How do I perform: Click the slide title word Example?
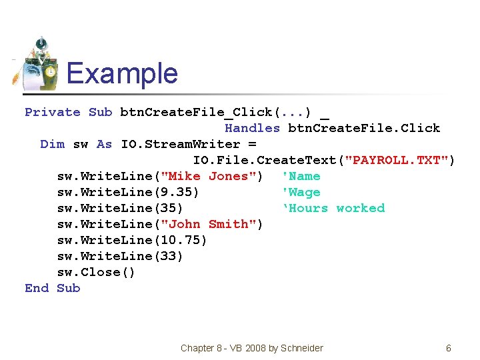click(x=122, y=73)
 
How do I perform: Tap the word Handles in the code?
click(x=252, y=128)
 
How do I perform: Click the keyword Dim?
click(x=52, y=144)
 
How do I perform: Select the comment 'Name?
click(x=301, y=176)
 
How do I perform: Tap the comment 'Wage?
click(x=301, y=192)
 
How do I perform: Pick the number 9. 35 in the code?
click(x=175, y=192)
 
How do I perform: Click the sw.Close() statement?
click(x=96, y=272)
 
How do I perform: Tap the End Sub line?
click(x=52, y=288)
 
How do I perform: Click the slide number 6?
click(x=449, y=348)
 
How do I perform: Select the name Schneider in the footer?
click(x=301, y=348)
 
